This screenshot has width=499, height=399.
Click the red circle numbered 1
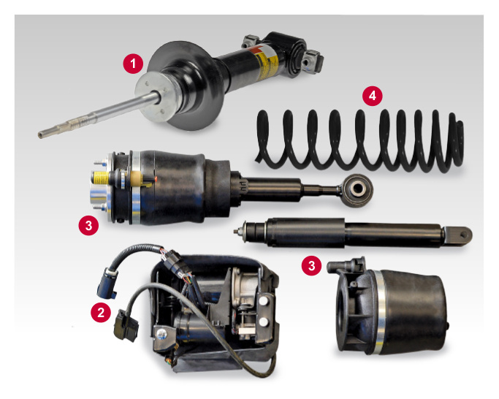point(132,64)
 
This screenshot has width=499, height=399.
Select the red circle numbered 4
point(373,96)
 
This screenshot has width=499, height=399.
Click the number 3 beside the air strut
point(88,225)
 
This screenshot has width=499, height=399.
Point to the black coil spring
point(358,139)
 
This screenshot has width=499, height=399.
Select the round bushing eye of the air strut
point(358,192)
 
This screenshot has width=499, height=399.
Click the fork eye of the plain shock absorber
point(461,235)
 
